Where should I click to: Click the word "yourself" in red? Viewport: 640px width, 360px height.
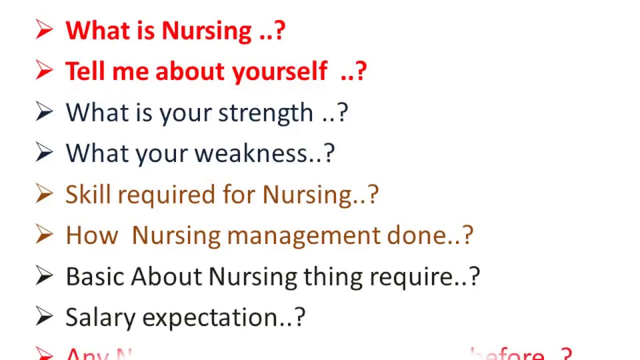pyautogui.click(x=280, y=71)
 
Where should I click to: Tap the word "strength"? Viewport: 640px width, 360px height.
pyautogui.click(x=265, y=112)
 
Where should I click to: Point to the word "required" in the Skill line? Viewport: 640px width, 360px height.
pyautogui.click(x=166, y=194)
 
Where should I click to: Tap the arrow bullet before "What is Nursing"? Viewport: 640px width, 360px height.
pyautogui.click(x=44, y=30)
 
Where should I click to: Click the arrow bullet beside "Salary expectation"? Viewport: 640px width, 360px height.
pyautogui.click(x=44, y=316)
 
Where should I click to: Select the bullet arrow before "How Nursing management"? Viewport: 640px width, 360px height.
pyautogui.click(x=44, y=234)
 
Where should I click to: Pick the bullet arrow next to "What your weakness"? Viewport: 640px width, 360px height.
pyautogui.click(x=44, y=152)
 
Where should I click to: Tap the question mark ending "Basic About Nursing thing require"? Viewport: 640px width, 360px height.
pyautogui.click(x=474, y=276)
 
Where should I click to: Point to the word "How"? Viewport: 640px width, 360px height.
pyautogui.click(x=91, y=235)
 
